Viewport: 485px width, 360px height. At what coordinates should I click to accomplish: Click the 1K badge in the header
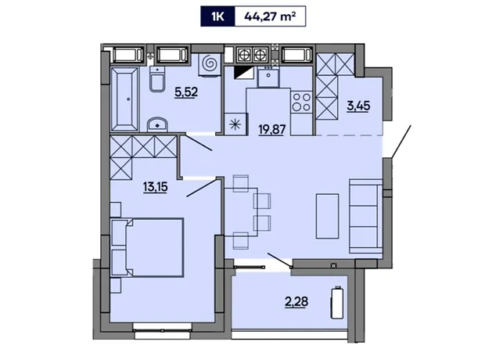(217, 16)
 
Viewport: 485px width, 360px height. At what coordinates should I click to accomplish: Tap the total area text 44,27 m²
(270, 16)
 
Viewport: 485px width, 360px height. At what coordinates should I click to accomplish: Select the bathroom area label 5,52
(186, 92)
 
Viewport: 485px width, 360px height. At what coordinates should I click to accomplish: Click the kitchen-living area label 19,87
(272, 129)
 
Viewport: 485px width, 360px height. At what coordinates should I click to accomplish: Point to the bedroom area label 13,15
(155, 187)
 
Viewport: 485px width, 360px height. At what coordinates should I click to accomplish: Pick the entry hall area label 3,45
(358, 106)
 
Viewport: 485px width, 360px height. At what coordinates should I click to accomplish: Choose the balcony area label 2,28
(296, 301)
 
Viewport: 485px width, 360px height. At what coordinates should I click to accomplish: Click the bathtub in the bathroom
(124, 99)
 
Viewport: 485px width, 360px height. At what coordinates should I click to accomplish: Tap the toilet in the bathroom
(157, 79)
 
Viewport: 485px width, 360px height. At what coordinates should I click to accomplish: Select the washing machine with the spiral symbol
(210, 64)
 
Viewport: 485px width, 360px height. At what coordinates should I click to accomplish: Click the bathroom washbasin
(157, 124)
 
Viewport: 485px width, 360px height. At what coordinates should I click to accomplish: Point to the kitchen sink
(268, 76)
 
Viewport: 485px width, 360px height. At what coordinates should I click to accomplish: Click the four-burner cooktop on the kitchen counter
(302, 102)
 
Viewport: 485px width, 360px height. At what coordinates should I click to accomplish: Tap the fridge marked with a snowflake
(235, 124)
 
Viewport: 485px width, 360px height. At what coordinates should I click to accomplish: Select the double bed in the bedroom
(147, 247)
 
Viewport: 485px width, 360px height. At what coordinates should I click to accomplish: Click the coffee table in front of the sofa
(327, 216)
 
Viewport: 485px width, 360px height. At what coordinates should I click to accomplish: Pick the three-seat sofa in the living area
(366, 216)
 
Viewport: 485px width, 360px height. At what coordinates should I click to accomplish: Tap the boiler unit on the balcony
(337, 302)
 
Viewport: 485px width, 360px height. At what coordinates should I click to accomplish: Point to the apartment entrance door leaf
(401, 142)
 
